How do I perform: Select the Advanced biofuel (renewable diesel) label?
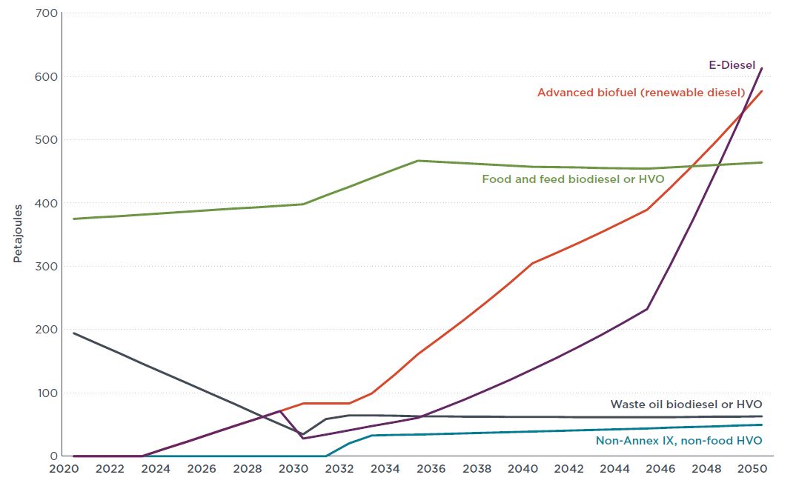(x=640, y=93)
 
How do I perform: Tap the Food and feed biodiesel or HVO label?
(x=573, y=179)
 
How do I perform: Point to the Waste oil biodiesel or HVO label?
(x=686, y=405)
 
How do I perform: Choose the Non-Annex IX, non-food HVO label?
(x=678, y=441)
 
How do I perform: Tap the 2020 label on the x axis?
(x=64, y=470)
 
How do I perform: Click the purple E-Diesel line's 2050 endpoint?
(x=762, y=68)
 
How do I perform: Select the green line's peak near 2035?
(x=418, y=161)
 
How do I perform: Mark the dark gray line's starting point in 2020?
(x=73, y=333)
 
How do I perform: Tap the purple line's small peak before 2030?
(x=280, y=410)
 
